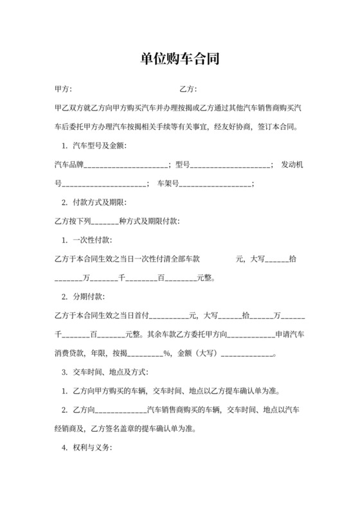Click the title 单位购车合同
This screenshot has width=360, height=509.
click(x=180, y=58)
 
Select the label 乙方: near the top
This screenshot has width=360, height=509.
click(x=188, y=89)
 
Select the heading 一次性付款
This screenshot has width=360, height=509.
click(x=89, y=240)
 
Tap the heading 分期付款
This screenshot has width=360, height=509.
click(x=85, y=297)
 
